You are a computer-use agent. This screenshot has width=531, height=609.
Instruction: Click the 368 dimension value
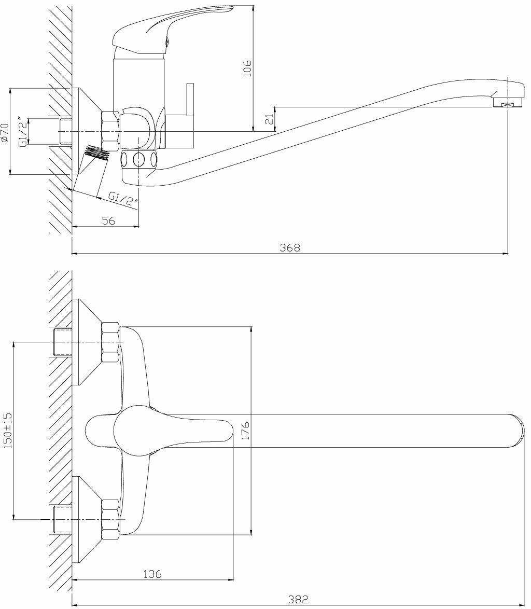pos(289,247)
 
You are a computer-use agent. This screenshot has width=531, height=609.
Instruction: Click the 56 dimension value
pos(108,220)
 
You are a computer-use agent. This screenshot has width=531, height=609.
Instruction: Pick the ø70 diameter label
pos(5,132)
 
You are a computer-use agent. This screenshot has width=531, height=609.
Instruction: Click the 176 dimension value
pos(246,431)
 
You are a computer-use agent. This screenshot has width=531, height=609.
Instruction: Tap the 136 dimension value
pos(152,574)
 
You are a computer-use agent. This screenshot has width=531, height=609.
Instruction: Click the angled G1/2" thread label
pos(122,199)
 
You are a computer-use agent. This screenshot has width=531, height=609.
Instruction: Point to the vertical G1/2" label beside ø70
pos(23,132)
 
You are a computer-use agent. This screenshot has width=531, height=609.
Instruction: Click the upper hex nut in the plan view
pos(110,342)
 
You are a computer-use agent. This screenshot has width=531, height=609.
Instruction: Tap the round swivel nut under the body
pos(139,159)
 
